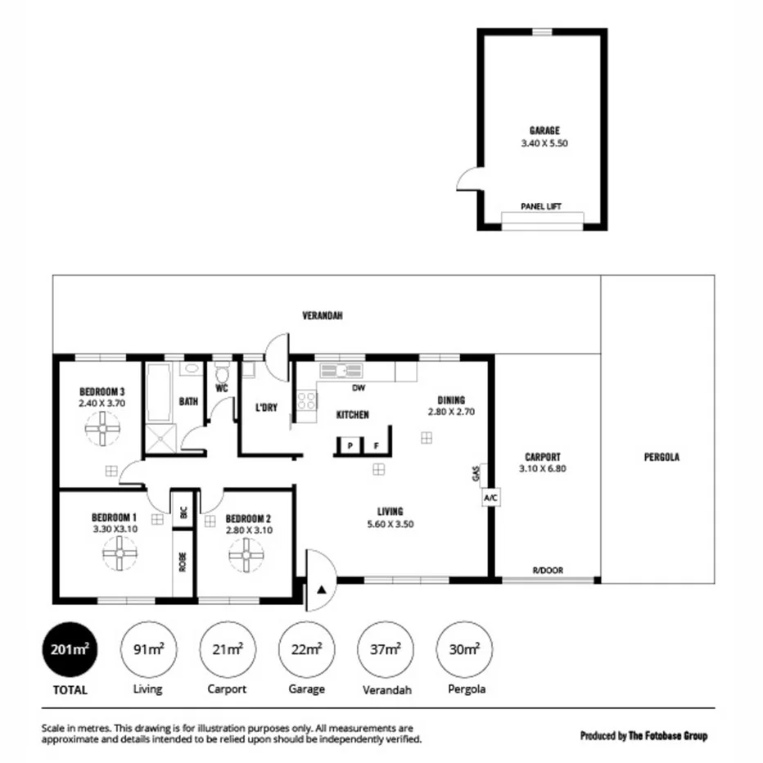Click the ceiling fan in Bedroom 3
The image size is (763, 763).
click(102, 428)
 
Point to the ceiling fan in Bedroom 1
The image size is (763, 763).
click(120, 557)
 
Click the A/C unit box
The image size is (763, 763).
click(490, 497)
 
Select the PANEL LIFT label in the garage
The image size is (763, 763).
click(541, 207)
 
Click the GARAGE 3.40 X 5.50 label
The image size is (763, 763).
click(544, 136)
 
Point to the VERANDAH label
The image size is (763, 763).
click(322, 315)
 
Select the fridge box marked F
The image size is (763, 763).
click(376, 446)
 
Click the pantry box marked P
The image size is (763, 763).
click(350, 446)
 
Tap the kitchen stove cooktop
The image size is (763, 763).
click(307, 401)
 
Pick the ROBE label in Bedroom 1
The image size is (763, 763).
click(183, 563)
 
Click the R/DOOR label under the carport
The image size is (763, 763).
click(548, 571)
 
